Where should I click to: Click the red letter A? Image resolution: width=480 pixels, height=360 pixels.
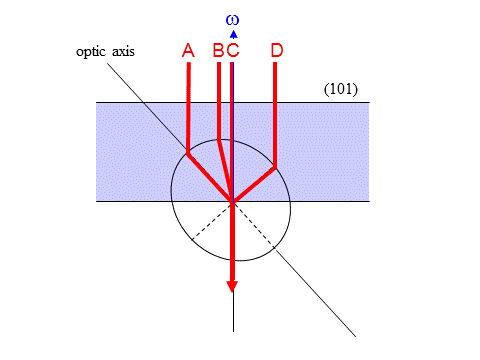click(187, 51)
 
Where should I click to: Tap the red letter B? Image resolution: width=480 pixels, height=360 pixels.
click(218, 51)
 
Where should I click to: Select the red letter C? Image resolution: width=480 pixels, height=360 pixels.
click(233, 51)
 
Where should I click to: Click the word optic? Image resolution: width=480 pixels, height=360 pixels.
click(91, 51)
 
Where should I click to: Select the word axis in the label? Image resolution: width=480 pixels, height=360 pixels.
click(122, 51)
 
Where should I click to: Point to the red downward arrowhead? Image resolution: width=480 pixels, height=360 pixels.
click(232, 286)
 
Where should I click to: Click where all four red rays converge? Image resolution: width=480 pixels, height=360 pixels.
click(232, 201)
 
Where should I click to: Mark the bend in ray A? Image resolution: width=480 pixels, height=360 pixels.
click(188, 153)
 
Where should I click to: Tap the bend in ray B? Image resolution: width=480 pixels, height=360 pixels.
click(218, 139)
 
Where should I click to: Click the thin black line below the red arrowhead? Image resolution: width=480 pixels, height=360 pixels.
click(232, 314)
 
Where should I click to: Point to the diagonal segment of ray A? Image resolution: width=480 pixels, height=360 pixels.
click(210, 177)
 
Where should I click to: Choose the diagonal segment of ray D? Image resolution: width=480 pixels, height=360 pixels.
click(254, 183)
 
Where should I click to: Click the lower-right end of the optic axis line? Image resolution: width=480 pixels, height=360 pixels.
click(355, 335)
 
